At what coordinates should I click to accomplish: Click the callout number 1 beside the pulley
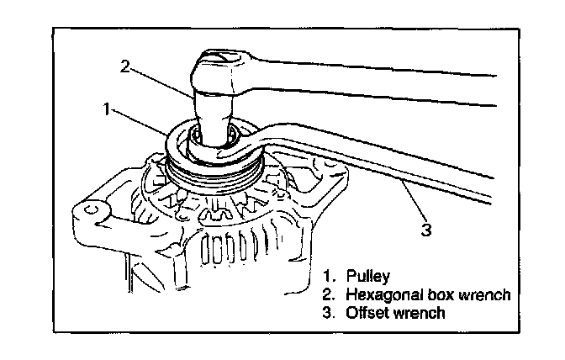pyautogui.click(x=107, y=109)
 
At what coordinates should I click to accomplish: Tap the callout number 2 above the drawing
pyautogui.click(x=124, y=66)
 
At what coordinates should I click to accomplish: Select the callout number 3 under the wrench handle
pyautogui.click(x=426, y=227)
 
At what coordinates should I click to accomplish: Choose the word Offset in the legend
pyautogui.click(x=364, y=314)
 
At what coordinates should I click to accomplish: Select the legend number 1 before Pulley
pyautogui.click(x=326, y=276)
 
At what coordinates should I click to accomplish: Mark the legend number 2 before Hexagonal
pyautogui.click(x=326, y=294)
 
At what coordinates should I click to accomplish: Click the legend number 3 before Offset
pyautogui.click(x=326, y=314)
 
